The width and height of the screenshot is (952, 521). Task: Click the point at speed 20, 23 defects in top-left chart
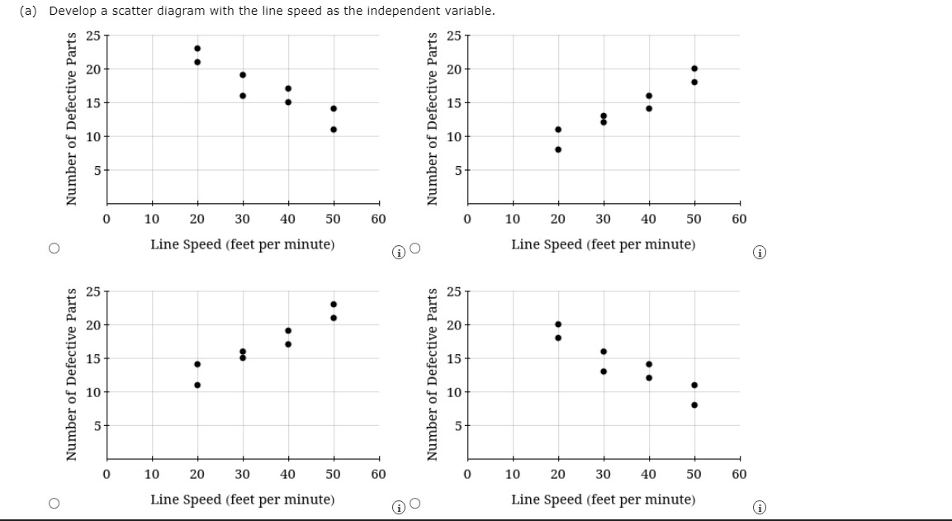click(197, 48)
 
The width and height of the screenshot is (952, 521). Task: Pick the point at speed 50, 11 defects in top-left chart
click(334, 129)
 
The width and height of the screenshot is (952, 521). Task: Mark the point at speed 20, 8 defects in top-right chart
click(558, 149)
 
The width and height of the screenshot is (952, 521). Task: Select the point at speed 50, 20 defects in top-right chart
click(694, 68)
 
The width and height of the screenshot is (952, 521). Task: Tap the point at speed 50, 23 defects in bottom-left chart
click(334, 304)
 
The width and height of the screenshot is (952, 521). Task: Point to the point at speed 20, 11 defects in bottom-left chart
click(197, 385)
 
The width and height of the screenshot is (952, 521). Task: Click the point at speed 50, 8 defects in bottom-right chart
click(694, 405)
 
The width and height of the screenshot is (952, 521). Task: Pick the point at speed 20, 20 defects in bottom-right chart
click(558, 324)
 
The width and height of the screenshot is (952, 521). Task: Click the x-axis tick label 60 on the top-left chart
click(378, 219)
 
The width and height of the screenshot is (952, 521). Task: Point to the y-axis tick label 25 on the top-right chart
click(453, 36)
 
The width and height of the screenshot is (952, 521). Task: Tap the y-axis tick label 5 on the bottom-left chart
click(95, 426)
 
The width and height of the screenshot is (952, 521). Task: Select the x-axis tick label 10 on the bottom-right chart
click(513, 475)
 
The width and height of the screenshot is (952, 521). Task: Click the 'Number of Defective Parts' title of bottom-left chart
click(73, 373)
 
